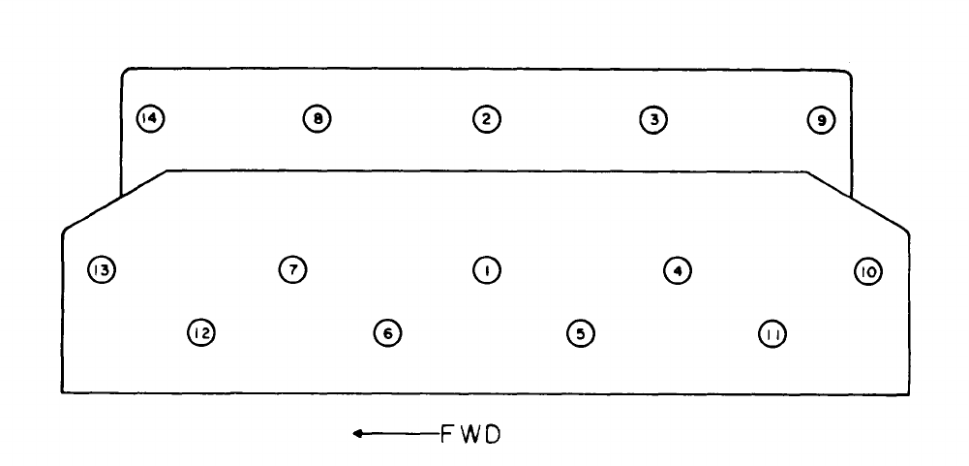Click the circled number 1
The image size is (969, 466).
click(x=486, y=269)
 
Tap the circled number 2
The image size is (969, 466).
click(x=486, y=119)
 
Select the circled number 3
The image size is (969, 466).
click(x=653, y=119)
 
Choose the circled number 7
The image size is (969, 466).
click(x=292, y=268)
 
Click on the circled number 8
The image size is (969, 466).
click(x=317, y=119)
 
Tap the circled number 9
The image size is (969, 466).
click(x=821, y=120)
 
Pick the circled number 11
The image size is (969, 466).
click(x=772, y=334)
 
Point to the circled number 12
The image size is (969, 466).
click(x=200, y=333)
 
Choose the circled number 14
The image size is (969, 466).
click(x=150, y=118)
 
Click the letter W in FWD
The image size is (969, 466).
click(x=469, y=434)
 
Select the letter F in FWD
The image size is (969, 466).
click(x=447, y=434)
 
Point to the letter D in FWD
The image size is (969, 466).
click(x=492, y=434)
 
